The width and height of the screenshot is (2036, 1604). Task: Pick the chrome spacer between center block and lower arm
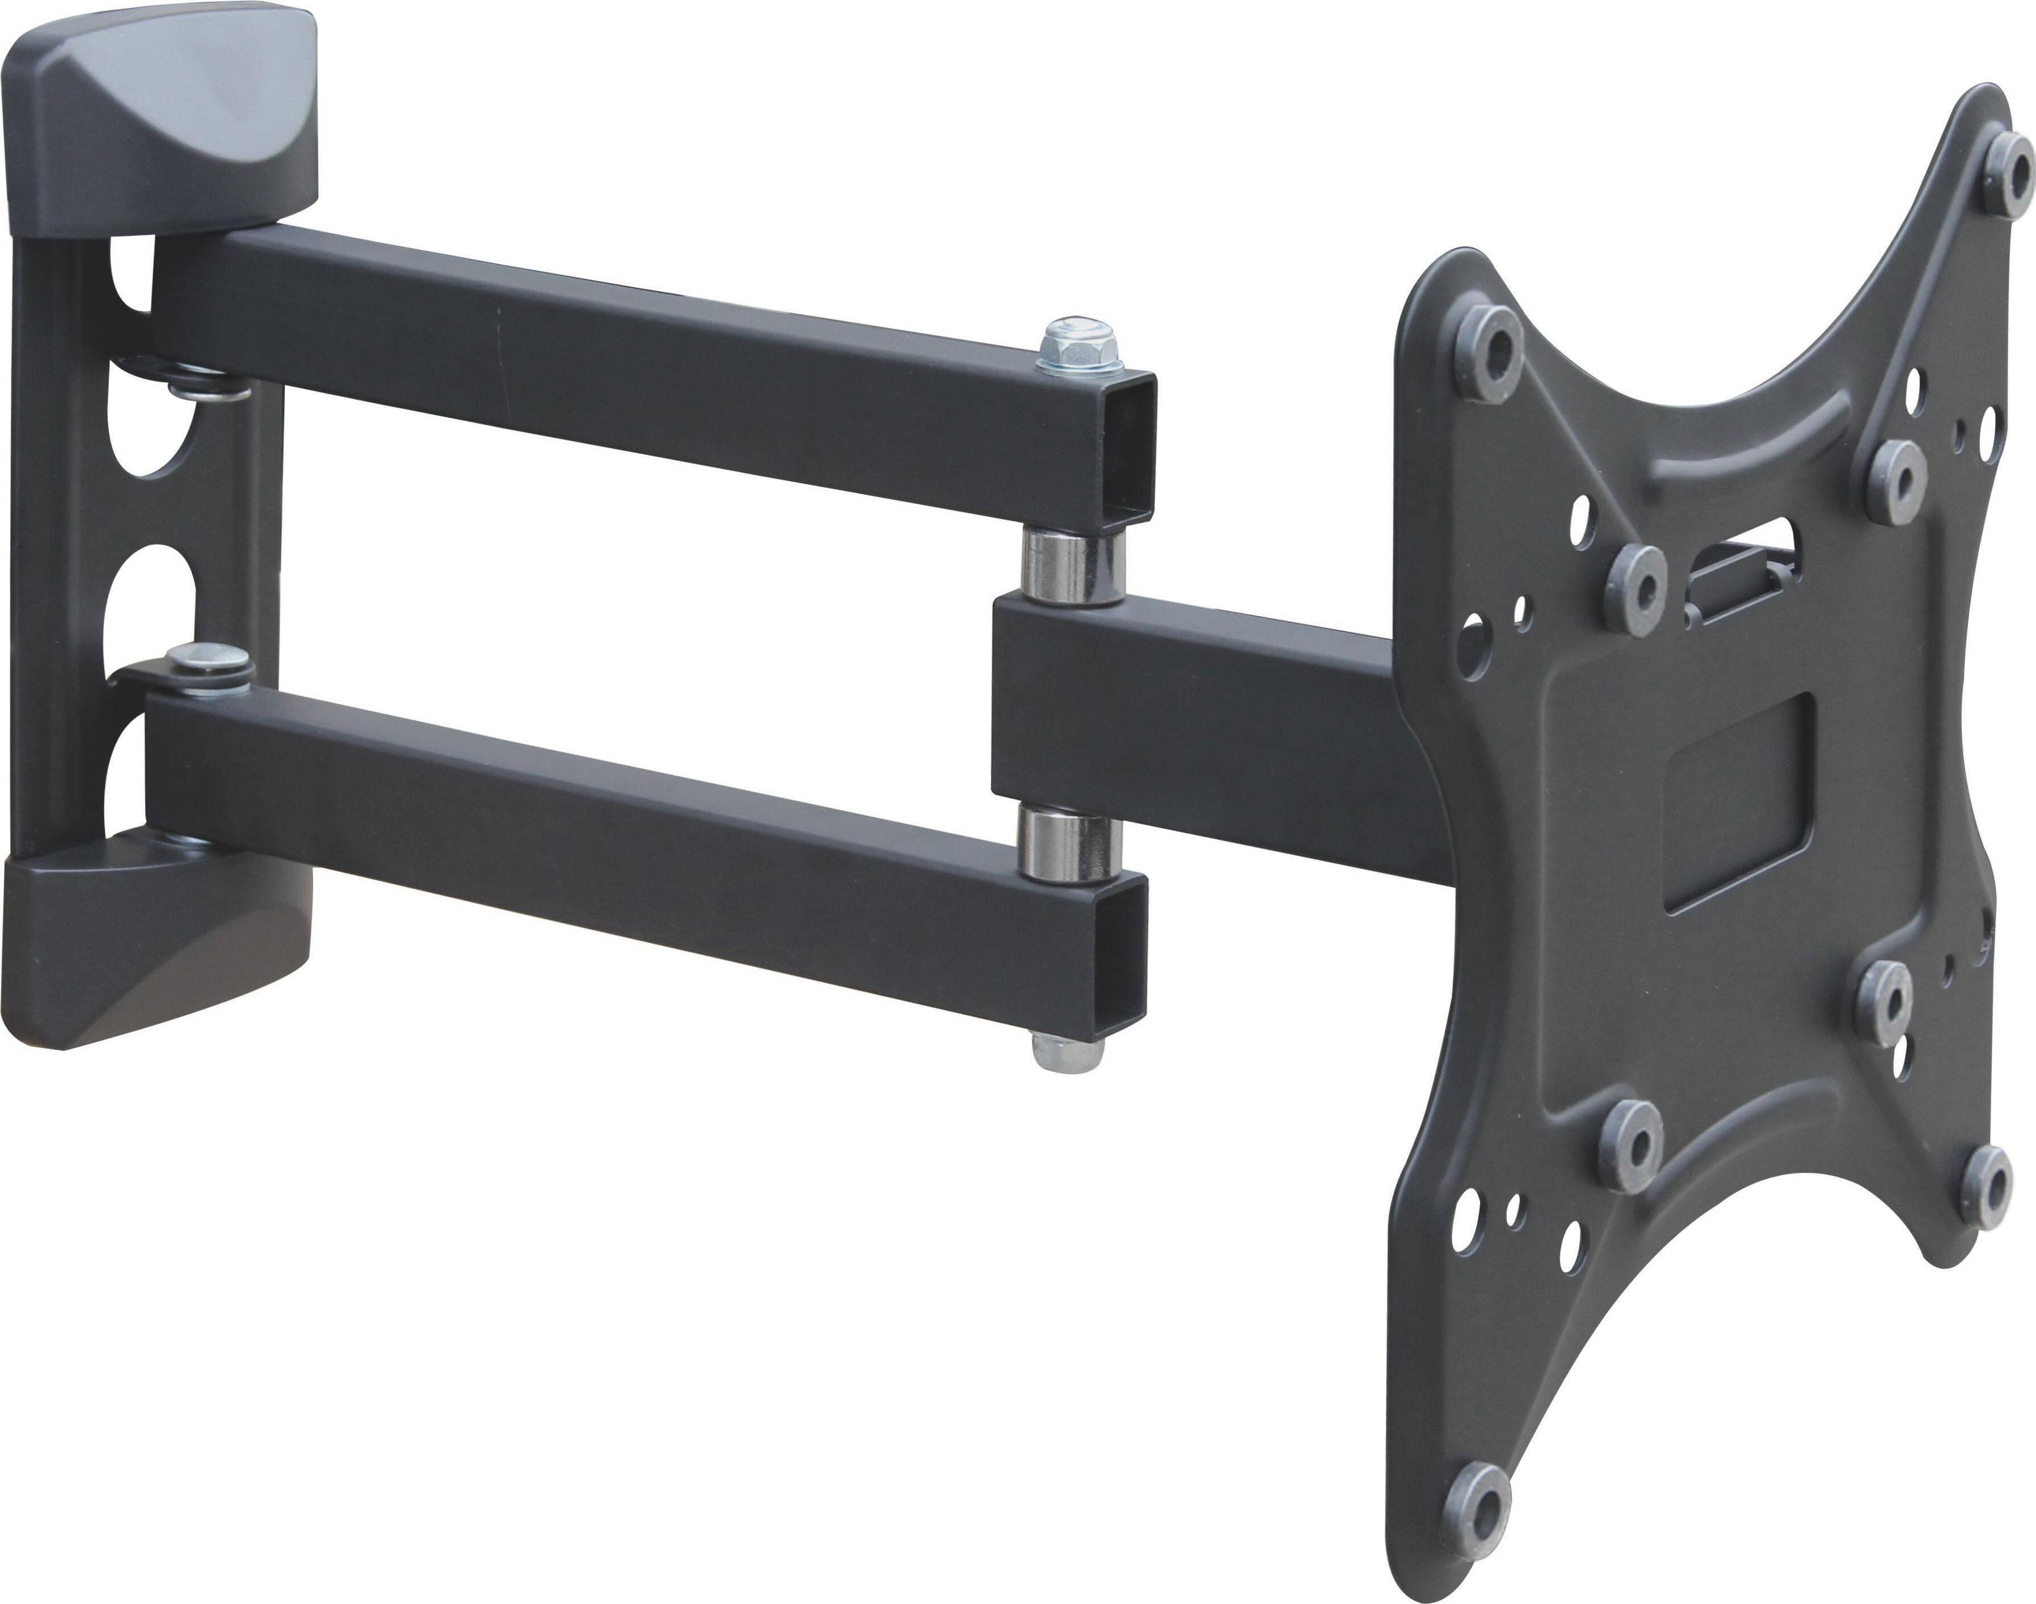[1072, 845]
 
